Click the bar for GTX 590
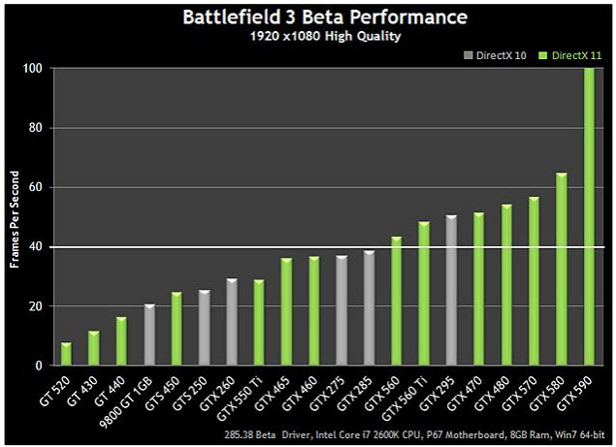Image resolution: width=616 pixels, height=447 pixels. tap(589, 217)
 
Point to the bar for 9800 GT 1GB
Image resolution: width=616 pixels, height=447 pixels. tap(148, 335)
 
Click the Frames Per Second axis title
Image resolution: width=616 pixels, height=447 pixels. tap(16, 217)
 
